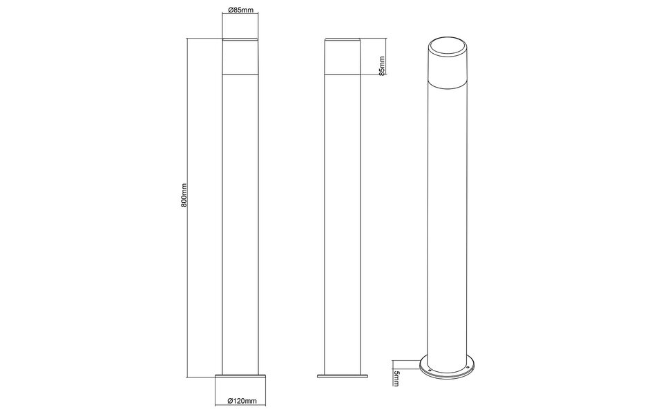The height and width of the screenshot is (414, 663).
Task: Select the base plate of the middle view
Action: [x=343, y=377]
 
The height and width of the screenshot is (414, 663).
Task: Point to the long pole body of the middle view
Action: [x=343, y=221]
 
